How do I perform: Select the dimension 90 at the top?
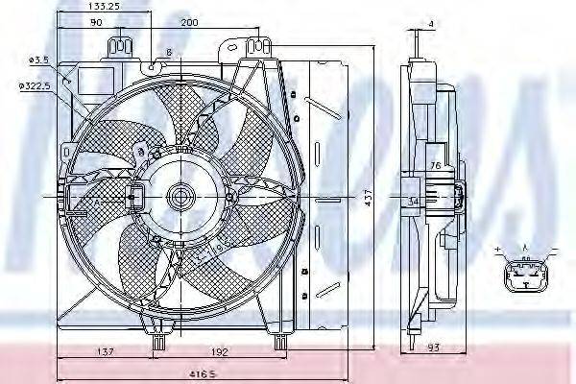point(97,23)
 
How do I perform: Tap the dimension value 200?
point(190,23)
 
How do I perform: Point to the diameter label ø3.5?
point(38,60)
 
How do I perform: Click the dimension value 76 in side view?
point(434,165)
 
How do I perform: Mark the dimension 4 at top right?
point(432,23)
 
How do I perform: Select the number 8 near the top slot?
point(169,52)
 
